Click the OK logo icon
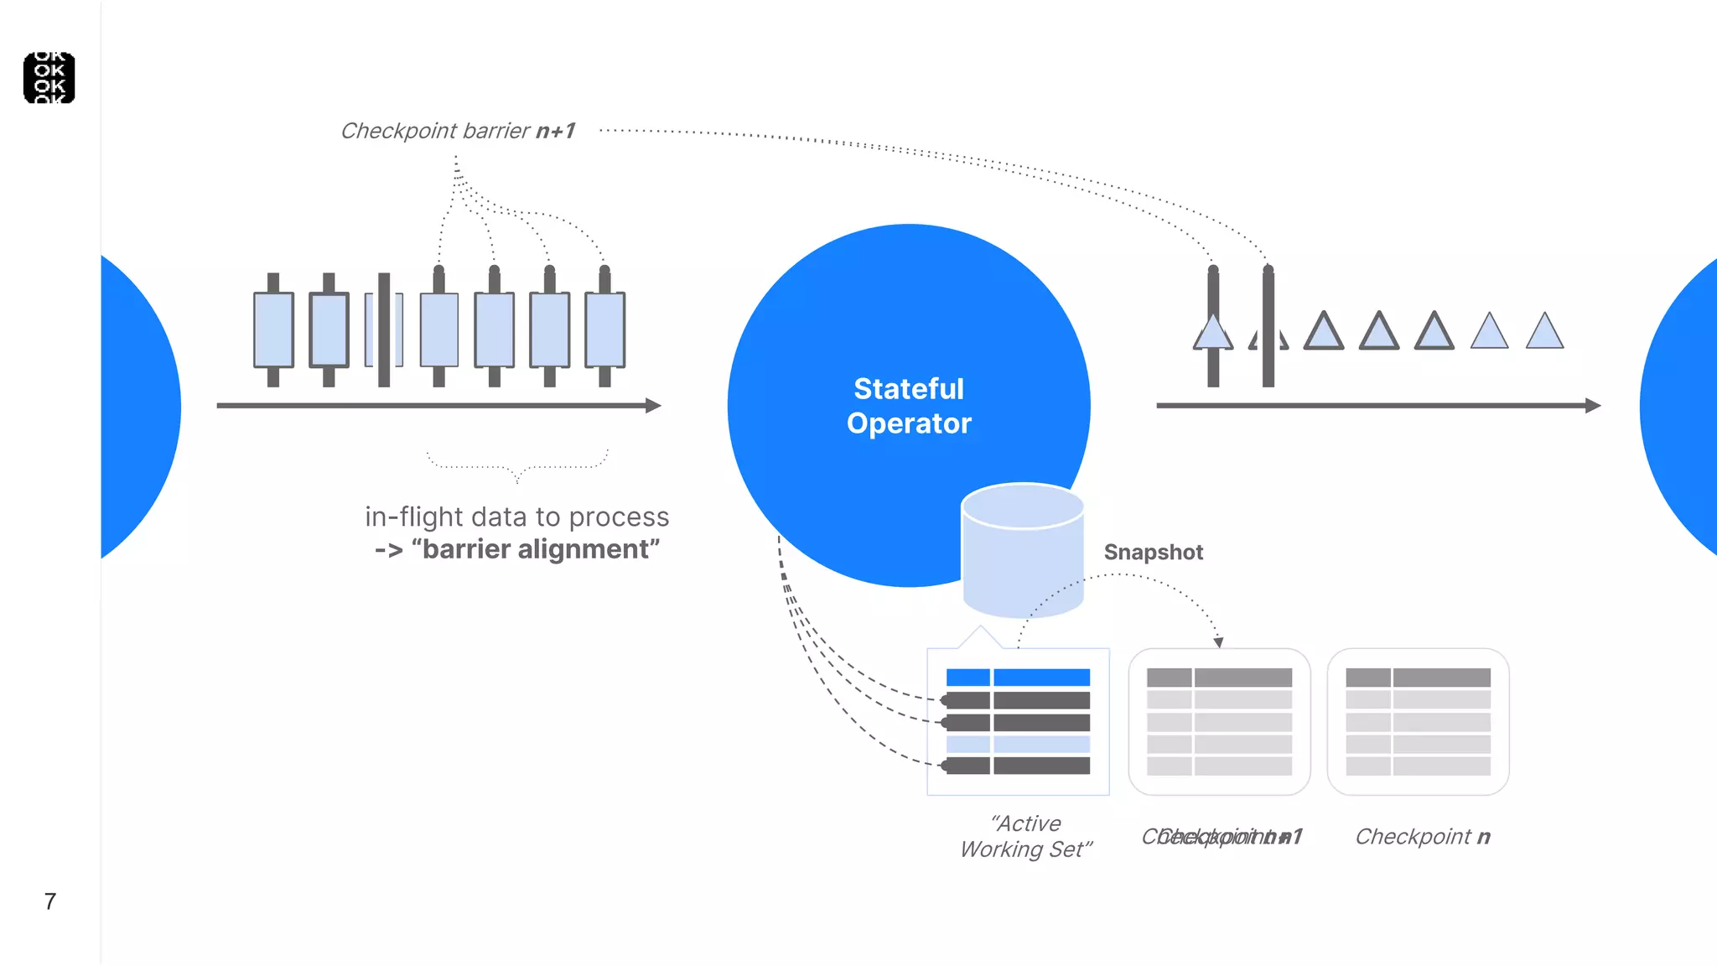pos(49,78)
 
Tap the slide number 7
pos(50,901)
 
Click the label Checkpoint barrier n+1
pos(458,131)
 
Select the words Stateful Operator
pos(909,406)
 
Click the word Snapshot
pos(1153,553)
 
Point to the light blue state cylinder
pos(1023,553)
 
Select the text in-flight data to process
pos(516,517)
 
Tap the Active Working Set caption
pos(1026,836)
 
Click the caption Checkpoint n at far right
pos(1422,837)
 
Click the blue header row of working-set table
pos(1018,678)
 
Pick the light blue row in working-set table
pos(1018,744)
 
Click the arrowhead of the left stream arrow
pos(654,406)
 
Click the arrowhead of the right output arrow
pos(1593,406)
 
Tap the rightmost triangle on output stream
pos(1544,333)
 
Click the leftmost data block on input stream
pos(273,330)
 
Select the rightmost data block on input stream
pos(604,330)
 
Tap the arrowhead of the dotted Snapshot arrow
pos(1218,642)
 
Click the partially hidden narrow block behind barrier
pos(371,330)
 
